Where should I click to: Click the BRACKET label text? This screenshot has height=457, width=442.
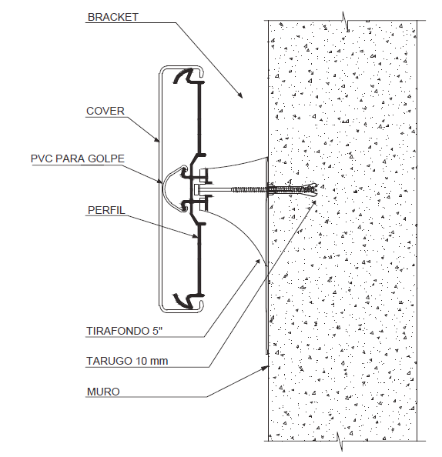click(113, 17)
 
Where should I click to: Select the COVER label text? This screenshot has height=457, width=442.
click(105, 111)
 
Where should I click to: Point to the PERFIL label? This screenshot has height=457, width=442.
click(106, 210)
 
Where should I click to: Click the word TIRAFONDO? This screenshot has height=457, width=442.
click(118, 331)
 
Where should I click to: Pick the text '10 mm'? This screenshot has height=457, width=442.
click(152, 361)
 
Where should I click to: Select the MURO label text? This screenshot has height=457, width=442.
click(103, 392)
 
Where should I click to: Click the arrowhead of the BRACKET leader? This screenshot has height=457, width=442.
click(239, 95)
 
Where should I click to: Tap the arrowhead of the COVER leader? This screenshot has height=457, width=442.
click(157, 139)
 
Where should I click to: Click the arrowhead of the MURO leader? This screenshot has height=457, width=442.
click(265, 368)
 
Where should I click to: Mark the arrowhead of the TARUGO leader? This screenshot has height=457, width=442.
click(313, 203)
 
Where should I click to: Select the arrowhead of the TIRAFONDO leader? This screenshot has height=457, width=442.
click(258, 262)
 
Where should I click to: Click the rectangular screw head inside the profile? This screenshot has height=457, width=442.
click(196, 190)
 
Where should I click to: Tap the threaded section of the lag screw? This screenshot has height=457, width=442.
click(249, 190)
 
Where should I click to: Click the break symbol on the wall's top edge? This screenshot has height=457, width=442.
click(346, 22)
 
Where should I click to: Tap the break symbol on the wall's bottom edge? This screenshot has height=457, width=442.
click(340, 442)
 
